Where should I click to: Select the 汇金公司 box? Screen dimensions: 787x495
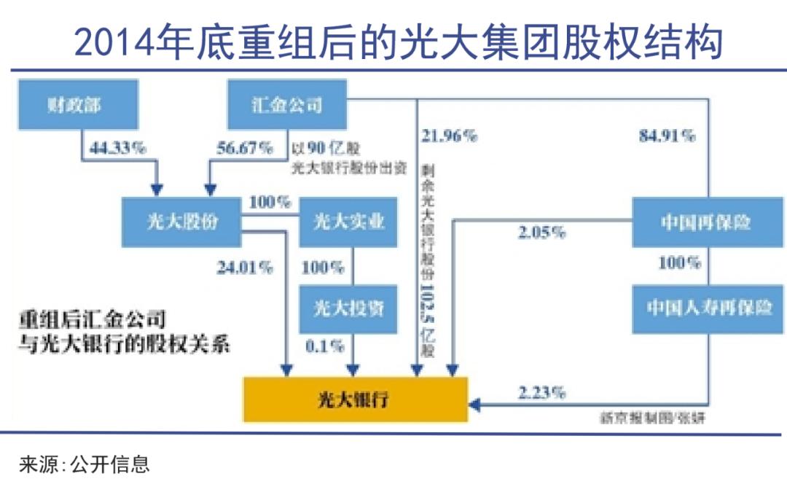287,104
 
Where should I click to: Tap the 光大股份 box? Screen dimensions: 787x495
182,222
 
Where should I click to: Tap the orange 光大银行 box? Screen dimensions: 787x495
355,399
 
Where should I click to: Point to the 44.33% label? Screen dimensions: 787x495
117,147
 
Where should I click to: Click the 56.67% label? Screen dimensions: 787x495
245,147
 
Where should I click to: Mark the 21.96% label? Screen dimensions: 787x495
449,136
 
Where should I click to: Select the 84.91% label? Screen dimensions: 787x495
667,136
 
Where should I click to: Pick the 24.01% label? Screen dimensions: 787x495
244,268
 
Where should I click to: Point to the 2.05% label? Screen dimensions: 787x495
541,233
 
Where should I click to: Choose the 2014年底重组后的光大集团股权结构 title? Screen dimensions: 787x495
399,42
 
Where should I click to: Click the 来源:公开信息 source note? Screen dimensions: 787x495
85,465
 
